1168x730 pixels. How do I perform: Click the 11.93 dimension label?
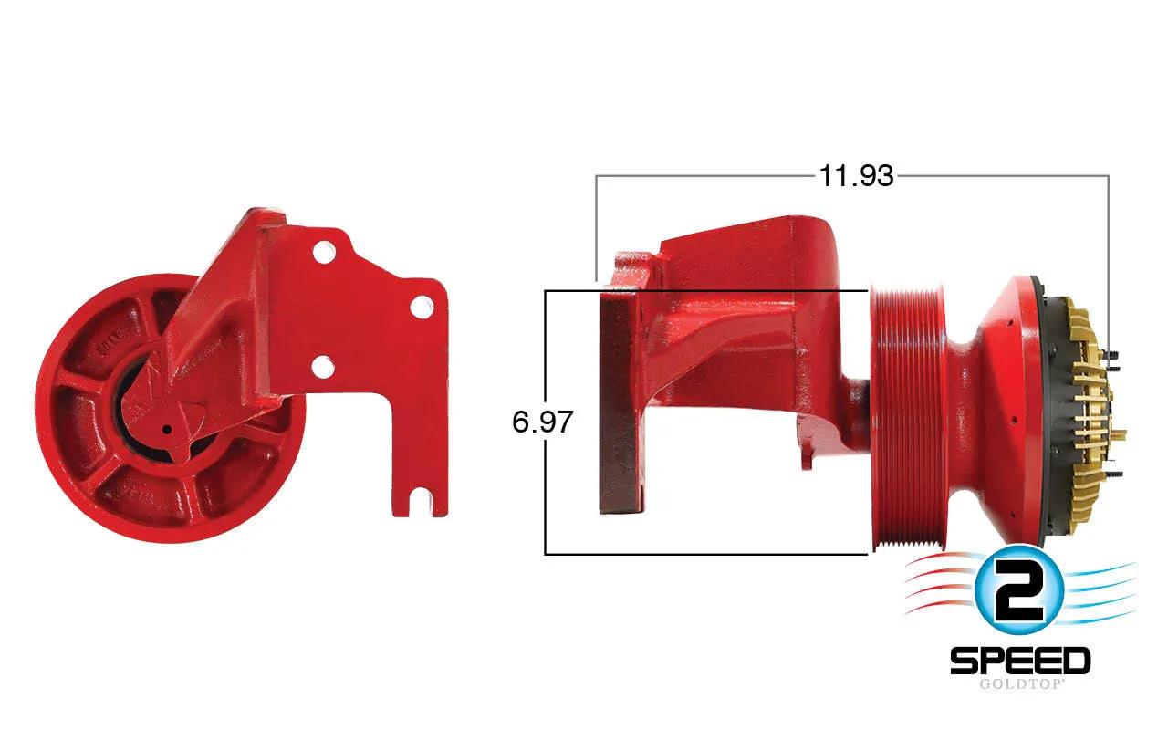856,176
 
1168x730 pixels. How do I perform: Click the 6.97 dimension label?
542,422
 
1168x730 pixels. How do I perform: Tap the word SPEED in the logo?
1020,662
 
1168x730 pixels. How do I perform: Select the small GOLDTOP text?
1020,684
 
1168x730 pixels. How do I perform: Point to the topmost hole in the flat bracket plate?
324,253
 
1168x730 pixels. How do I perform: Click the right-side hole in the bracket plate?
422,306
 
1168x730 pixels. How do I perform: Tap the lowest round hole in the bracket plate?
323,367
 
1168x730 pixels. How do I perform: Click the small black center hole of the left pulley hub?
167,430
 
